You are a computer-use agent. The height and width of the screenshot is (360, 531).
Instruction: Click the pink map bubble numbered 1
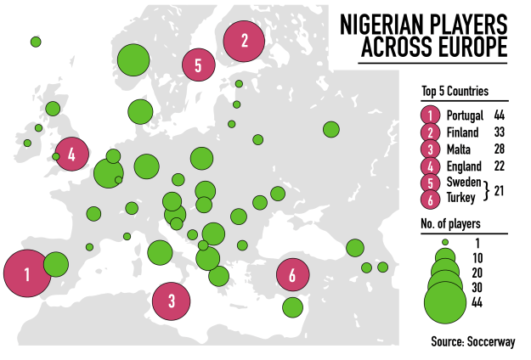click(28, 273)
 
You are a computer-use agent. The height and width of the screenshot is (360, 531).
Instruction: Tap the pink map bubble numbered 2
click(245, 39)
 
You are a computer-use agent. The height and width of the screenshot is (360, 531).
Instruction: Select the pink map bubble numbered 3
click(172, 299)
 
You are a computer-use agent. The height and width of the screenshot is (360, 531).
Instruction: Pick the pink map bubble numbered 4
click(71, 155)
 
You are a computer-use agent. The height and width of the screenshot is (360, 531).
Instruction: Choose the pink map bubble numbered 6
click(292, 275)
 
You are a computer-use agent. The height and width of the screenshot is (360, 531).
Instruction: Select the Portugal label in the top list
click(465, 115)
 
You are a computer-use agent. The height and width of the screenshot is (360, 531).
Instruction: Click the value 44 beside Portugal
click(500, 115)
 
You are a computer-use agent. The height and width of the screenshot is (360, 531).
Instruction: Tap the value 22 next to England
click(500, 166)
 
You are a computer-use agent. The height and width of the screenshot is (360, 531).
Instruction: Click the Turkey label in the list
click(462, 200)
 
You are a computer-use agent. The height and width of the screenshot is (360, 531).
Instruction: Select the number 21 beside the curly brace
click(500, 192)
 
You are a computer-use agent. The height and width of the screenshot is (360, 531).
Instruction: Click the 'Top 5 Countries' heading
click(455, 93)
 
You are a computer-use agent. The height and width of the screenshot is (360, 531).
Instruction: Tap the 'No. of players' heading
click(450, 224)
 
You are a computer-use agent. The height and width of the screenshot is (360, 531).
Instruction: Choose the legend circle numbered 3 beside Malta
click(432, 149)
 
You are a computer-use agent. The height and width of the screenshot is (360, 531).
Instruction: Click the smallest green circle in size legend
click(443, 242)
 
